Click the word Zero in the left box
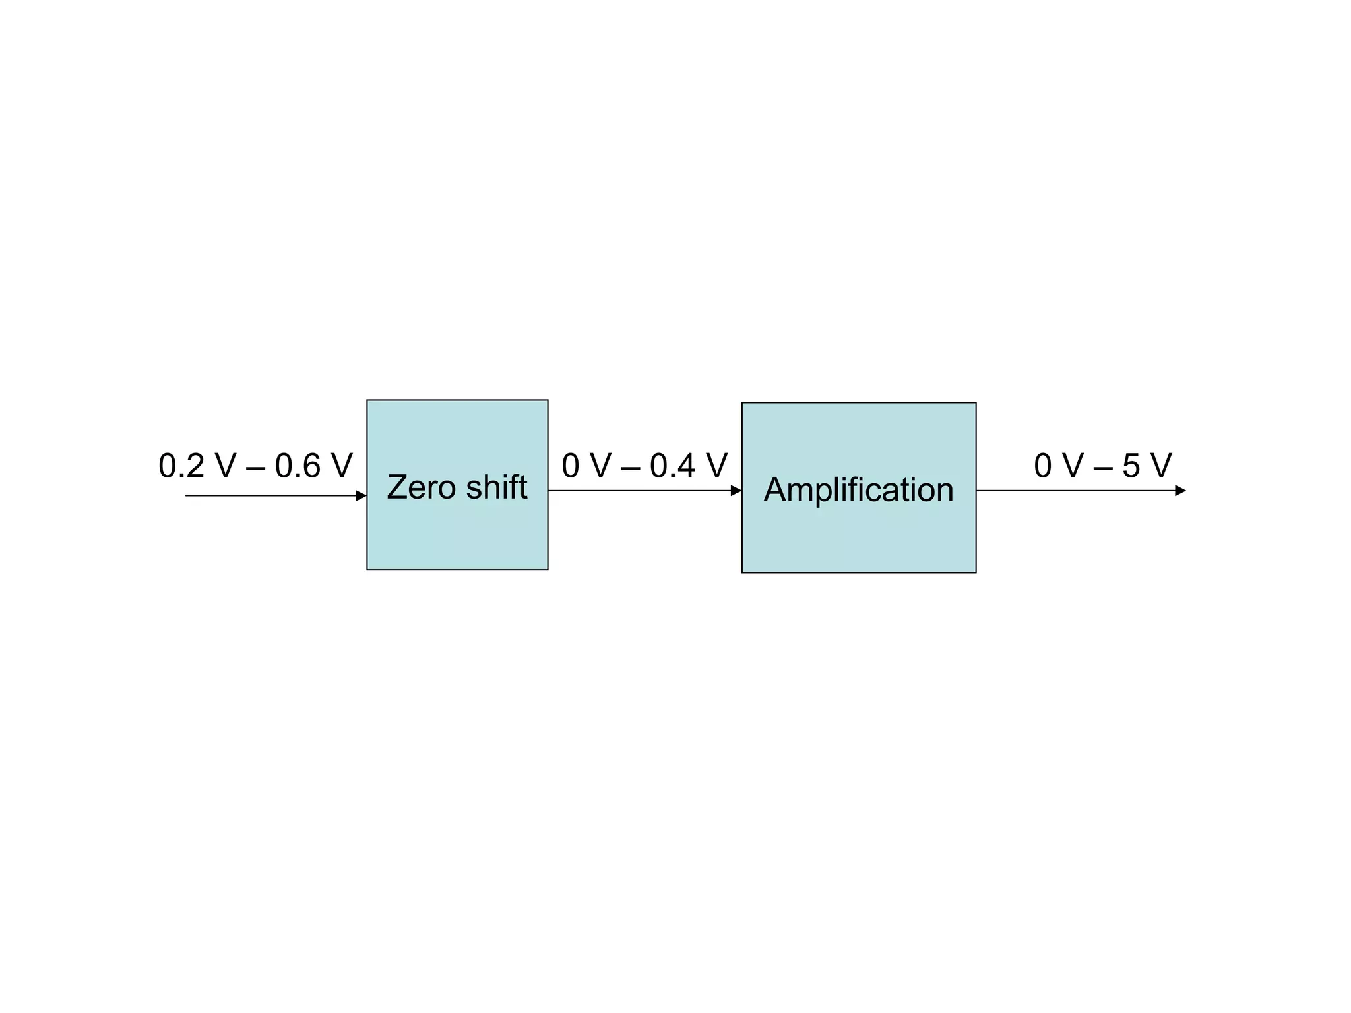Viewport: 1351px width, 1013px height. (x=421, y=487)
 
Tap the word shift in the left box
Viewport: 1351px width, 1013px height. (x=496, y=487)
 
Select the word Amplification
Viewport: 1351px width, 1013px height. (x=858, y=490)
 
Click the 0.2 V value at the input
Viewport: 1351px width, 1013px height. (x=197, y=466)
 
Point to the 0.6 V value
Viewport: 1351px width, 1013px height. (x=313, y=466)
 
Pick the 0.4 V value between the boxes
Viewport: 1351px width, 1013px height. (x=688, y=466)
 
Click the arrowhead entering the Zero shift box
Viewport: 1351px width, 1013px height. (x=361, y=495)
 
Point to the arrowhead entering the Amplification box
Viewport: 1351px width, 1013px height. (x=736, y=491)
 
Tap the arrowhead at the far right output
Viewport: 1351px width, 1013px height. (x=1180, y=491)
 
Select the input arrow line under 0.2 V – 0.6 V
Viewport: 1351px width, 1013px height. (x=270, y=495)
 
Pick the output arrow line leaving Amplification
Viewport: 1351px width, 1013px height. (x=1075, y=491)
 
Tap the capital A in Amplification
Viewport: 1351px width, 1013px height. (x=776, y=490)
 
